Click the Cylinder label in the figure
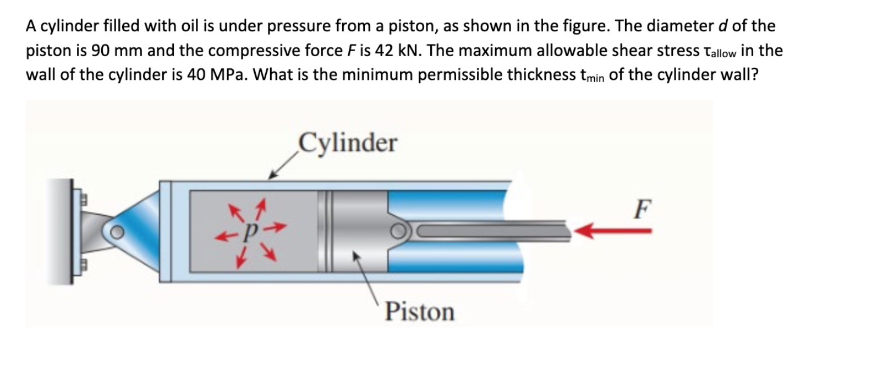coord(347,143)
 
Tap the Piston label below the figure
coord(420,312)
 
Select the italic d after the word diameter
coord(723,26)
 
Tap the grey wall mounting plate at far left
coord(69,232)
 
